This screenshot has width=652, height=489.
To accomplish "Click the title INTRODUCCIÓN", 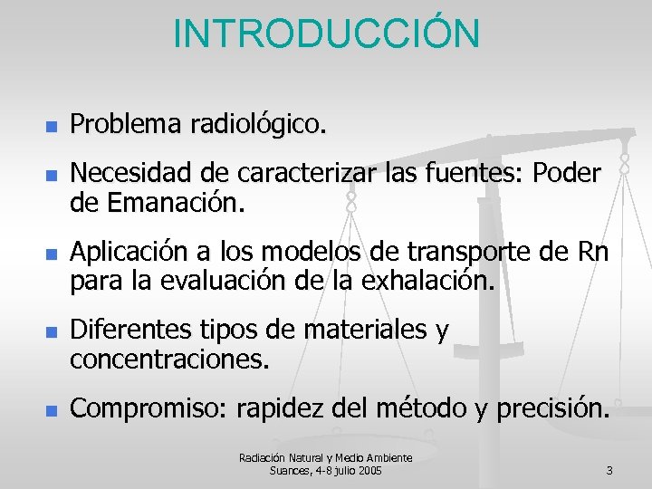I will tap(326, 34).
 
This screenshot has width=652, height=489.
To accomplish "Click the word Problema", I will tap(126, 124).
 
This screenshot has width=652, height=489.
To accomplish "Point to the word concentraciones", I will tap(169, 360).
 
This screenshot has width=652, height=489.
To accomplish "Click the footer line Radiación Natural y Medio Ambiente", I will tap(326, 458).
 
